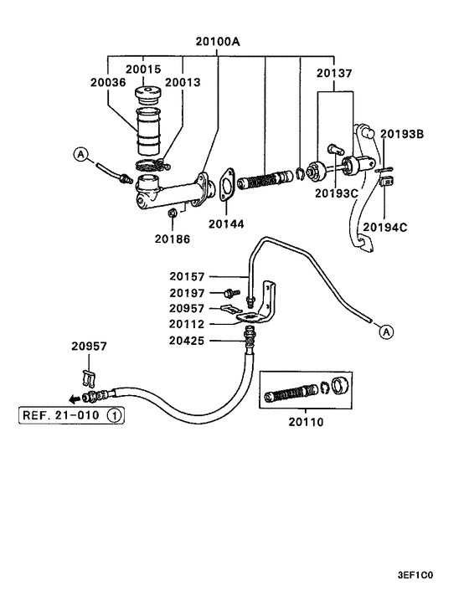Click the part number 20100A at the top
tap(218, 42)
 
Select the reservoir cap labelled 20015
tap(147, 95)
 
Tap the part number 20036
tap(108, 82)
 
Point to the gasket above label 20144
tap(226, 185)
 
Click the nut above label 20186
tap(173, 213)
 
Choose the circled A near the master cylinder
tap(81, 154)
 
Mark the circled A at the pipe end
tap(386, 332)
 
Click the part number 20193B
tap(402, 134)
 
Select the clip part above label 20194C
tap(386, 182)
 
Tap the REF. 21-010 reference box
tap(71, 415)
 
